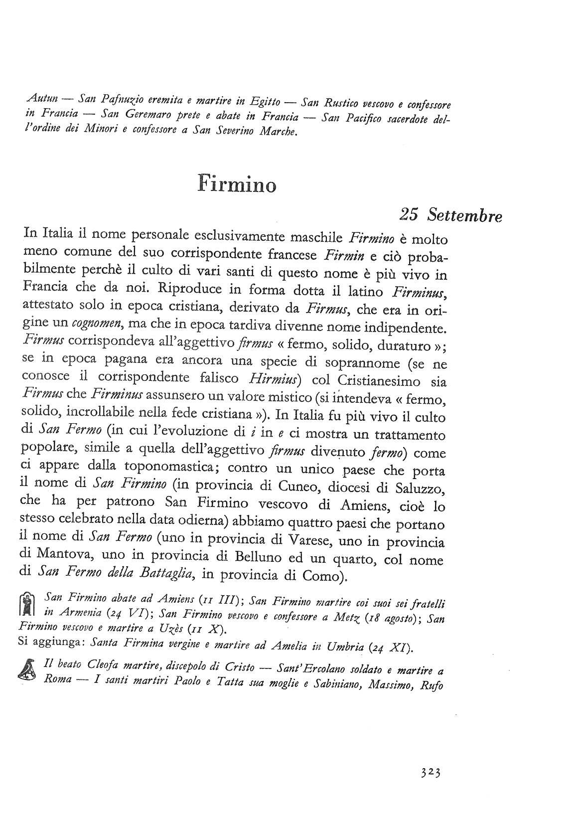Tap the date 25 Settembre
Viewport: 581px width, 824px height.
450,215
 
